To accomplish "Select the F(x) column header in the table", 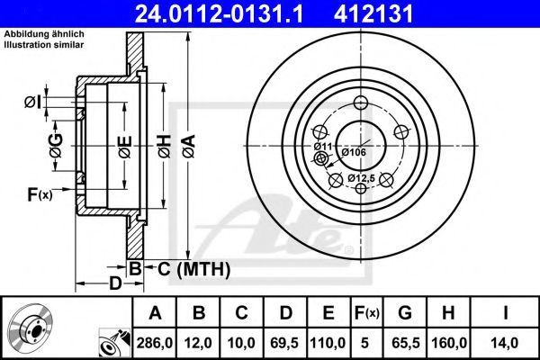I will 367,313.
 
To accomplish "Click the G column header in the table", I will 405,313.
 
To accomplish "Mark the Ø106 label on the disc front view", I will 353,152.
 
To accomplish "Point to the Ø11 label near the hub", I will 323,145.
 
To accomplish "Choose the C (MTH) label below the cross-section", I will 194,268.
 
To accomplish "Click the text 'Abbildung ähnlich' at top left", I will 44,33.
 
